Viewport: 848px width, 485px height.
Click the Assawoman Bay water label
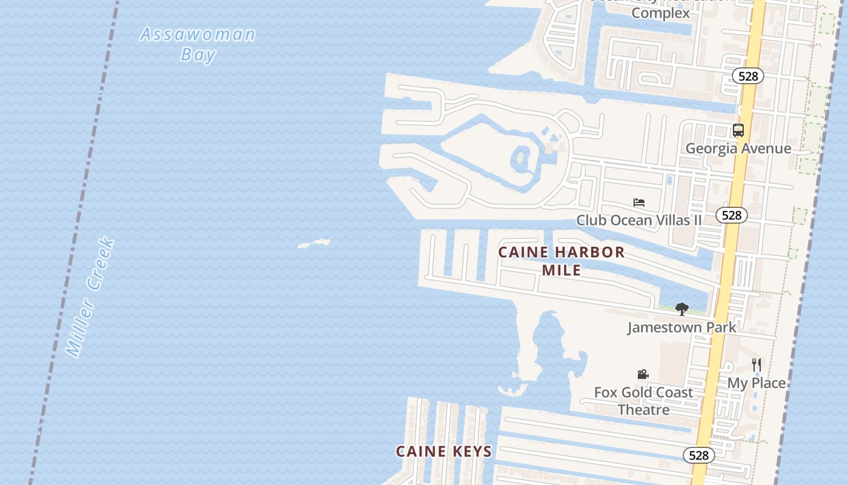tap(197, 44)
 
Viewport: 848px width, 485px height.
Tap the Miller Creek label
tap(90, 297)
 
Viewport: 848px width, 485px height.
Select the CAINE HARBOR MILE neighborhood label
tap(561, 261)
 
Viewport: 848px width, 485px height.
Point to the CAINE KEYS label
tap(443, 451)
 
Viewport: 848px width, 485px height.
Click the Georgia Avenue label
tap(738, 149)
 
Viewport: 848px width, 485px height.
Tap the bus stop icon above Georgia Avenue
tap(738, 130)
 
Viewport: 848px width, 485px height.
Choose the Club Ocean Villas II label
tap(638, 220)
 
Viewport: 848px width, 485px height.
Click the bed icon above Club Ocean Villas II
tap(638, 202)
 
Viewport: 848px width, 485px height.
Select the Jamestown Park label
tap(681, 327)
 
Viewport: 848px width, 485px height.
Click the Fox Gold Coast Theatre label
tap(643, 401)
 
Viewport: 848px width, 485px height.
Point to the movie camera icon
tap(643, 375)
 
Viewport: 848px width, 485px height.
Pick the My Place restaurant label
tap(756, 383)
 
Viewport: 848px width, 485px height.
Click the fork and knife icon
tap(756, 365)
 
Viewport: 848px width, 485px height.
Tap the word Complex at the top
tap(660, 13)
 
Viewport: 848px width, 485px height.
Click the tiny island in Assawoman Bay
tap(314, 244)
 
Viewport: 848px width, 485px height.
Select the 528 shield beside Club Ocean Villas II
tap(732, 215)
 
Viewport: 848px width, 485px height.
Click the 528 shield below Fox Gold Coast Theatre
tap(698, 455)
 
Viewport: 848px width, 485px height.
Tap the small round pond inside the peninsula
tap(521, 159)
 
